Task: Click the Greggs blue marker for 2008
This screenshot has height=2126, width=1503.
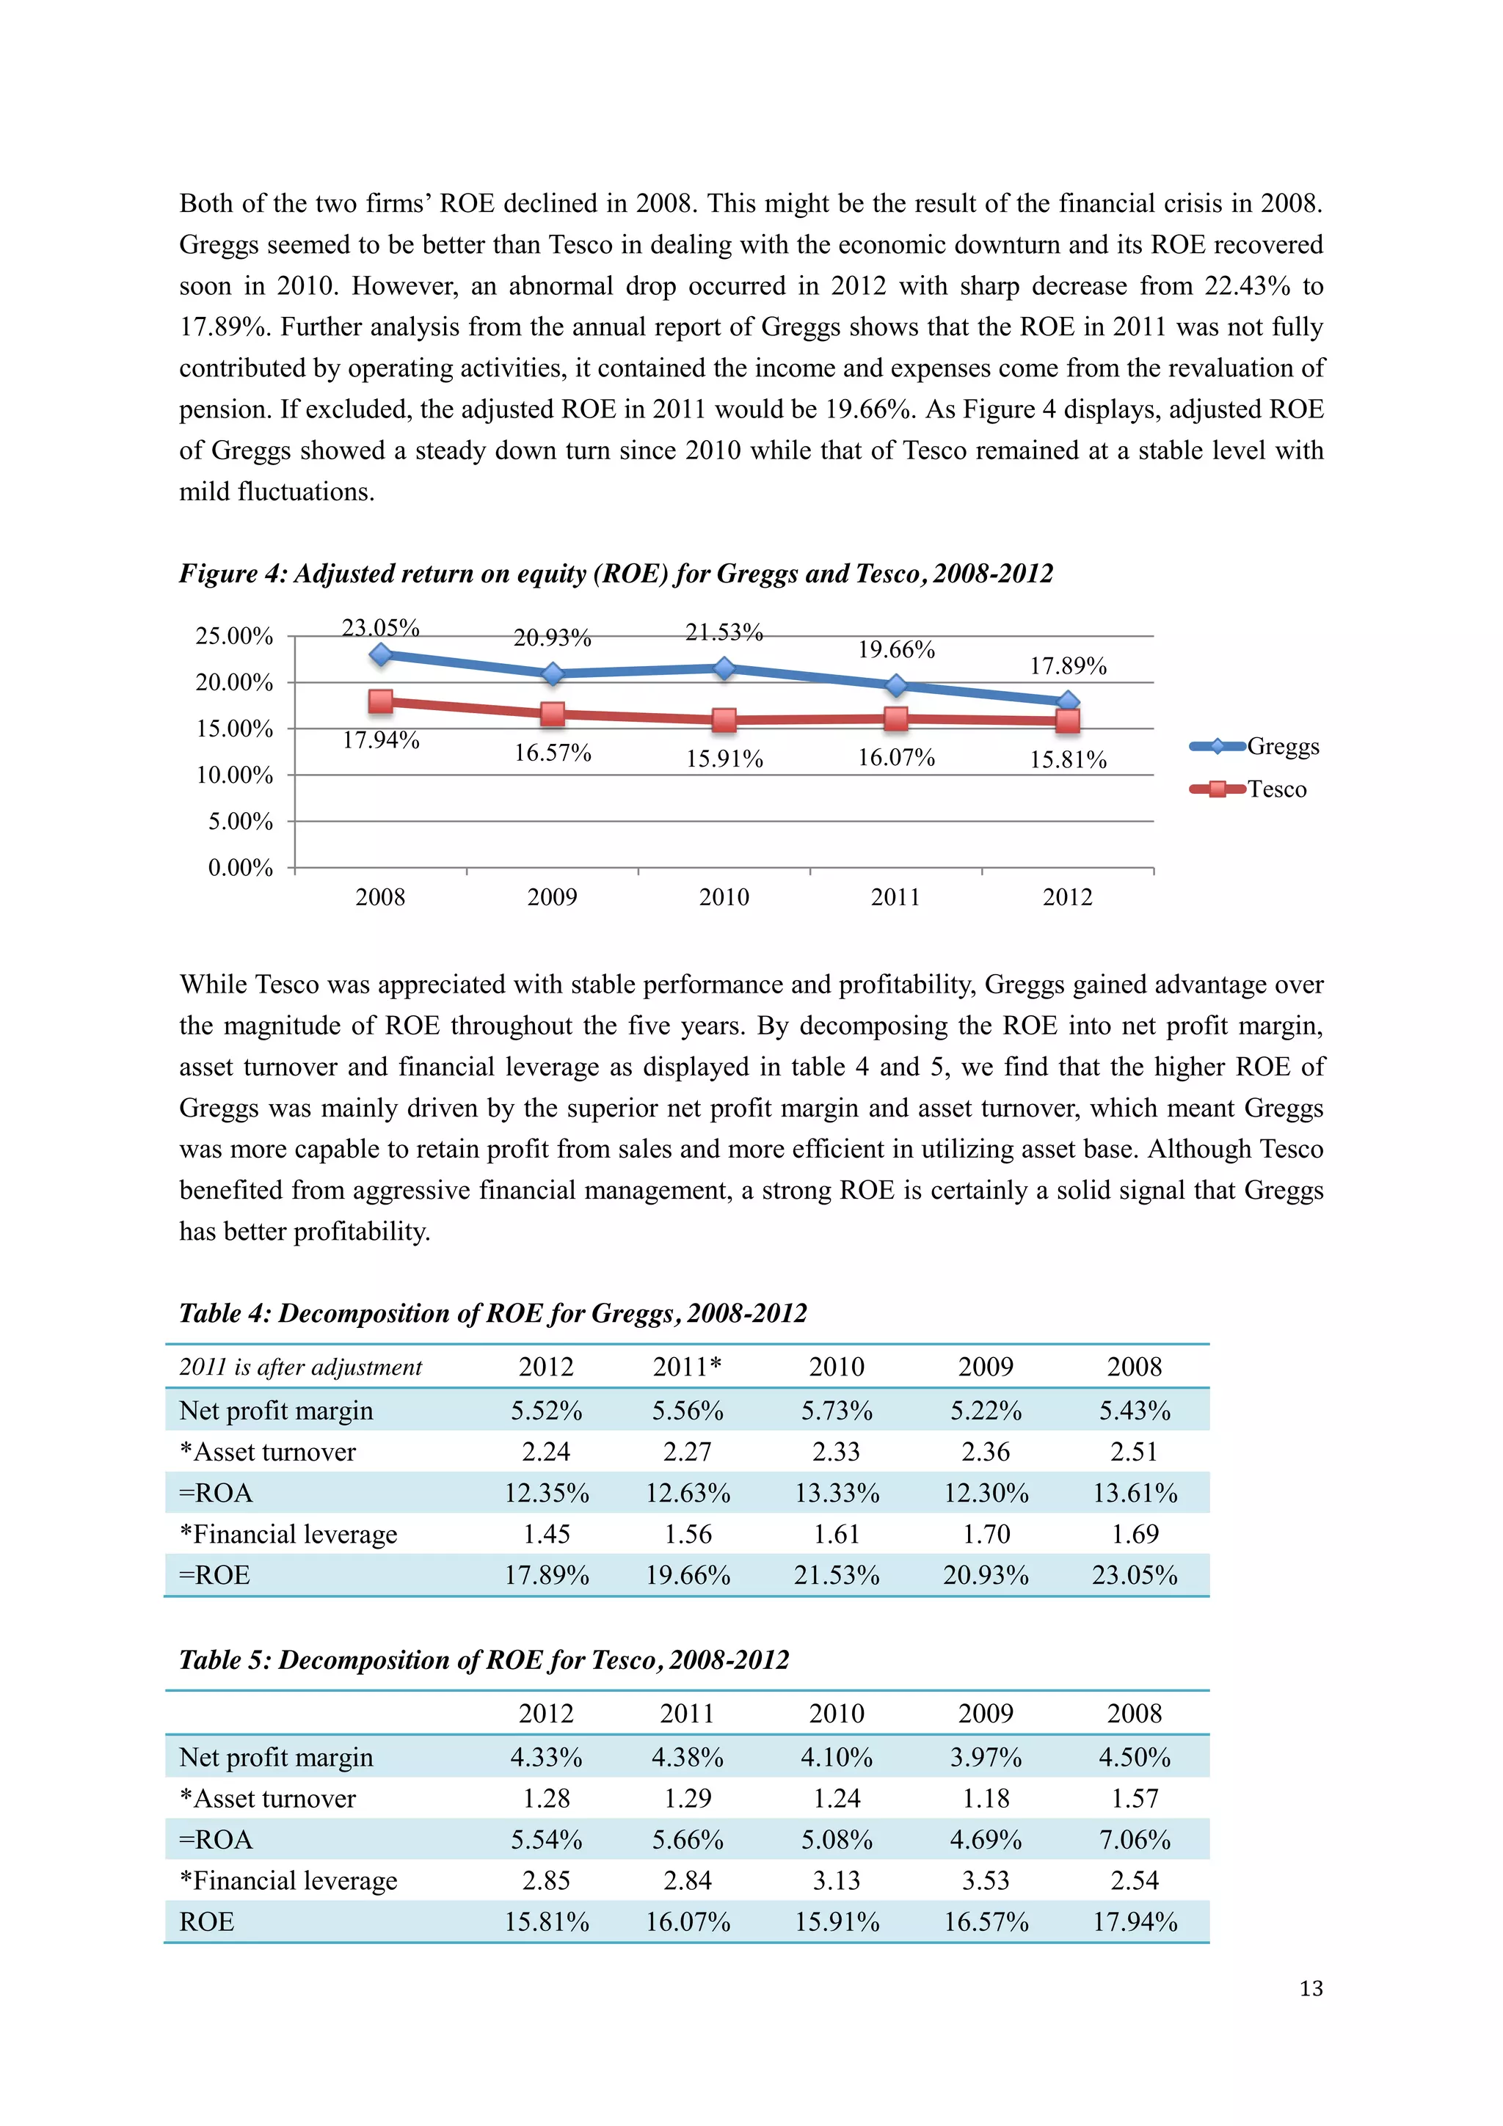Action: click(x=381, y=654)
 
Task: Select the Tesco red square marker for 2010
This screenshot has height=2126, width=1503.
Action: click(x=724, y=720)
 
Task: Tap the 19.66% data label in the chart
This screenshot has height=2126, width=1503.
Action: click(x=895, y=649)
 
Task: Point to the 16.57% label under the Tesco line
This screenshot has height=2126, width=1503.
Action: click(x=552, y=753)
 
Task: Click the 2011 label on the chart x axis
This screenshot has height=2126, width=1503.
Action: click(x=895, y=896)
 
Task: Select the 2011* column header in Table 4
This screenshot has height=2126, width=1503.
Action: click(x=687, y=1367)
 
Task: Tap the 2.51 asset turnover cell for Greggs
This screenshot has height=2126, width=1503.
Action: click(x=1135, y=1452)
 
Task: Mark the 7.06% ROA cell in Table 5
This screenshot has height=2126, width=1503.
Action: click(x=1135, y=1839)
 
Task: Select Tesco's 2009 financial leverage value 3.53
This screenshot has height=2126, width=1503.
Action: click(x=986, y=1881)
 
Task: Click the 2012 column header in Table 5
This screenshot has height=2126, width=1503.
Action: click(x=546, y=1713)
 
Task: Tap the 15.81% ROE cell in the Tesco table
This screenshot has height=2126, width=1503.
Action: click(x=546, y=1921)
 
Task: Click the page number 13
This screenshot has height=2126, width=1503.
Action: click(x=1311, y=1988)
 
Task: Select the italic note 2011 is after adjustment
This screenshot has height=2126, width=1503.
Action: click(x=300, y=1367)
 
